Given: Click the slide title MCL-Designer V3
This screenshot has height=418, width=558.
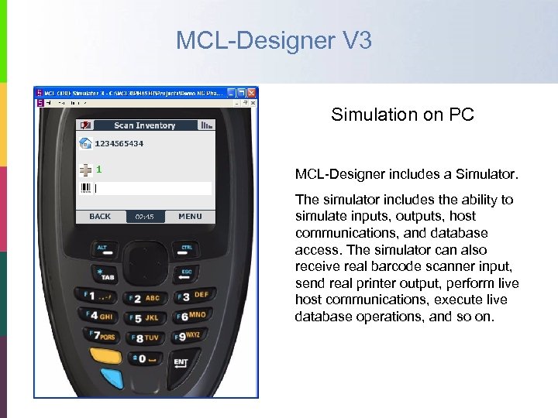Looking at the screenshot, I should (274, 40).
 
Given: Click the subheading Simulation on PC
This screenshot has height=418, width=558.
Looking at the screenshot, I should (402, 115).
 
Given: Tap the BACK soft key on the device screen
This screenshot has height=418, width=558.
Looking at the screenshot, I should (100, 217).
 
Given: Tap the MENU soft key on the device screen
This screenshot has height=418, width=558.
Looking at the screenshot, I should (190, 217).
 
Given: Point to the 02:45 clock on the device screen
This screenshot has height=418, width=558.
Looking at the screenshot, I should (145, 217).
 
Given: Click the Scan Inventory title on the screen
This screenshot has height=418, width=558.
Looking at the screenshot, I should (145, 125).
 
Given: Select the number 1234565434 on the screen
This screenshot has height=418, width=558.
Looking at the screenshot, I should (119, 144).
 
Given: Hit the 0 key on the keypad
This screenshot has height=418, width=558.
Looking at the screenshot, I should (140, 358).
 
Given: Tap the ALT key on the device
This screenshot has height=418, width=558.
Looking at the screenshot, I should (102, 248).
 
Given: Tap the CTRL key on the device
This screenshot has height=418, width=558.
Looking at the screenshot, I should (187, 248).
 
